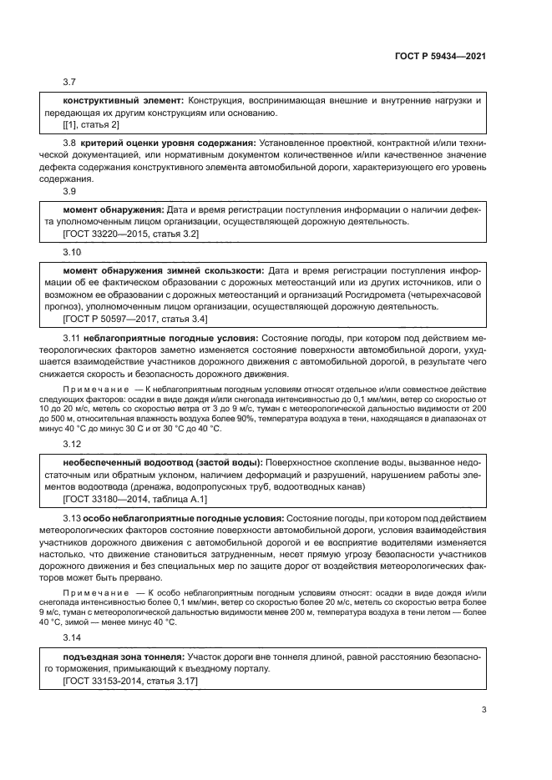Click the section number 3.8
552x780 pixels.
[70, 143]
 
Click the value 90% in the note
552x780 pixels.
[243, 418]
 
